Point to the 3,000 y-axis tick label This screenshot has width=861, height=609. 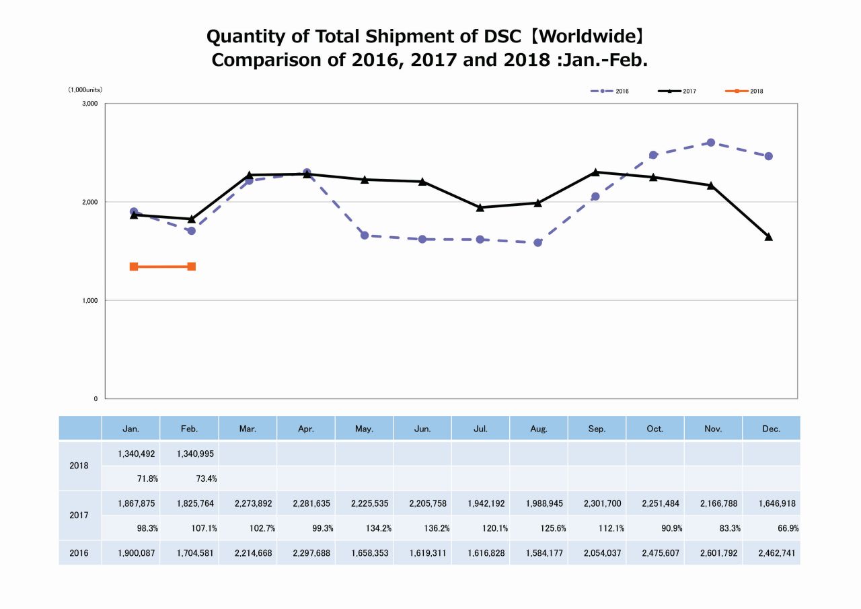point(90,104)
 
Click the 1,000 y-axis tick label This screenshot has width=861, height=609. point(90,300)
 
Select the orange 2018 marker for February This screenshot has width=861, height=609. point(192,266)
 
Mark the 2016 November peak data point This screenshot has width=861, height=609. point(711,143)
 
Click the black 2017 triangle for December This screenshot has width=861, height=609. point(769,237)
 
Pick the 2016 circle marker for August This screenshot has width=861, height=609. point(537,242)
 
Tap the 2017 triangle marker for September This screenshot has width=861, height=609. point(595,172)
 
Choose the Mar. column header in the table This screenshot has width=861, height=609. point(248,429)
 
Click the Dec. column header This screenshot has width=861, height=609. point(772,429)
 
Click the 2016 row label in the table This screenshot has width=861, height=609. point(80,553)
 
